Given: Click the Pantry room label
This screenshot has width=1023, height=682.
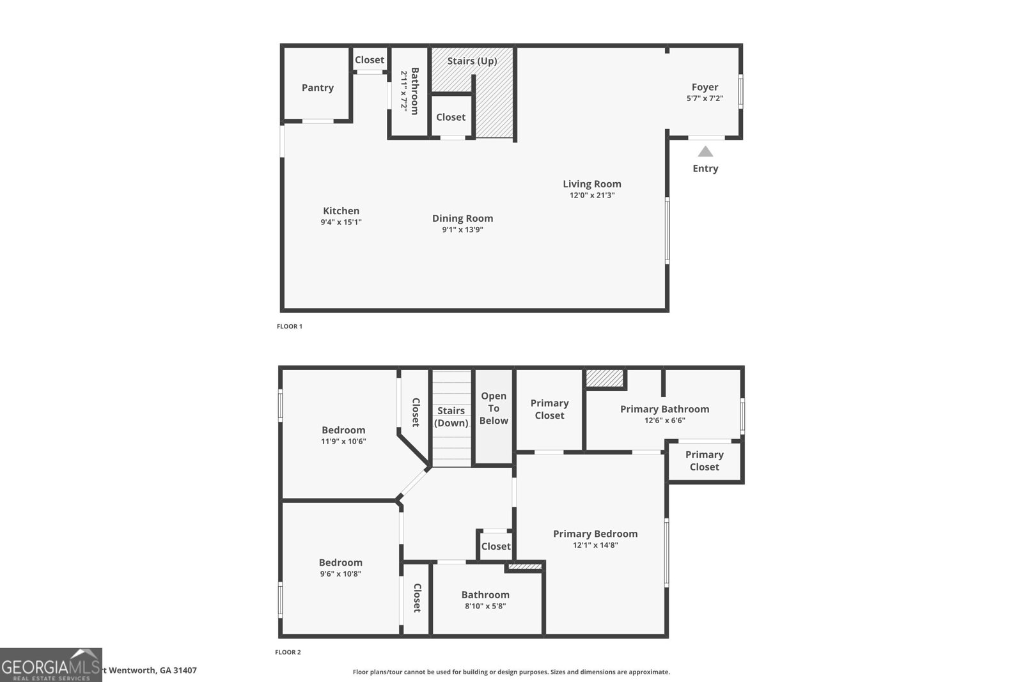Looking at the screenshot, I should [x=318, y=88].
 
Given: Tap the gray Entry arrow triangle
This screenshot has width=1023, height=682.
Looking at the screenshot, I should [x=705, y=152].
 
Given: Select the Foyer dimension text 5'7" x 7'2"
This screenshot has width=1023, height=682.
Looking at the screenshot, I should [x=705, y=98].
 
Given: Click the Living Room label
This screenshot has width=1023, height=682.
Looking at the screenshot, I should [x=592, y=183].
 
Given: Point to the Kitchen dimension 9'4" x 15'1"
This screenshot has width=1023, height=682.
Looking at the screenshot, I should [x=341, y=222].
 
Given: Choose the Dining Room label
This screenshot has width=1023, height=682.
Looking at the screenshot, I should [x=462, y=218].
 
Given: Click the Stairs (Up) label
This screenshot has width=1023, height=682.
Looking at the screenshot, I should [x=472, y=61].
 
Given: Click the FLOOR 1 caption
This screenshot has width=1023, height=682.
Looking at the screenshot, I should [x=290, y=326].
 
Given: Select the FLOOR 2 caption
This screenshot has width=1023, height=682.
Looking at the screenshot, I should [x=288, y=652].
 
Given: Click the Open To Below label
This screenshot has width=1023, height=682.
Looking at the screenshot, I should [x=494, y=408].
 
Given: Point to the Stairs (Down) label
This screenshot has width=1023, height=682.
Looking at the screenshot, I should [x=451, y=417].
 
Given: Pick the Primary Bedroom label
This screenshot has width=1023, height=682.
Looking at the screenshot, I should [x=595, y=534].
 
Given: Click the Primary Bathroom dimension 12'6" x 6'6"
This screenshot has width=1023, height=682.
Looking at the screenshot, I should [x=665, y=421].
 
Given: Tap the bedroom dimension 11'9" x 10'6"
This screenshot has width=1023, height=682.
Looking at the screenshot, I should [x=343, y=441].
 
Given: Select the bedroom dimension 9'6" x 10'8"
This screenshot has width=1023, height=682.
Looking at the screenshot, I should [x=340, y=574].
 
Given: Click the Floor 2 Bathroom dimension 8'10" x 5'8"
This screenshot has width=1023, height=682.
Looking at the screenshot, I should [x=485, y=606].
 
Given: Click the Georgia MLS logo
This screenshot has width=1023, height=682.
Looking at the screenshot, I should [x=51, y=665].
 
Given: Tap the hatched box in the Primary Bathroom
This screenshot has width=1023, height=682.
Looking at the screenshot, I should [x=605, y=378].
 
